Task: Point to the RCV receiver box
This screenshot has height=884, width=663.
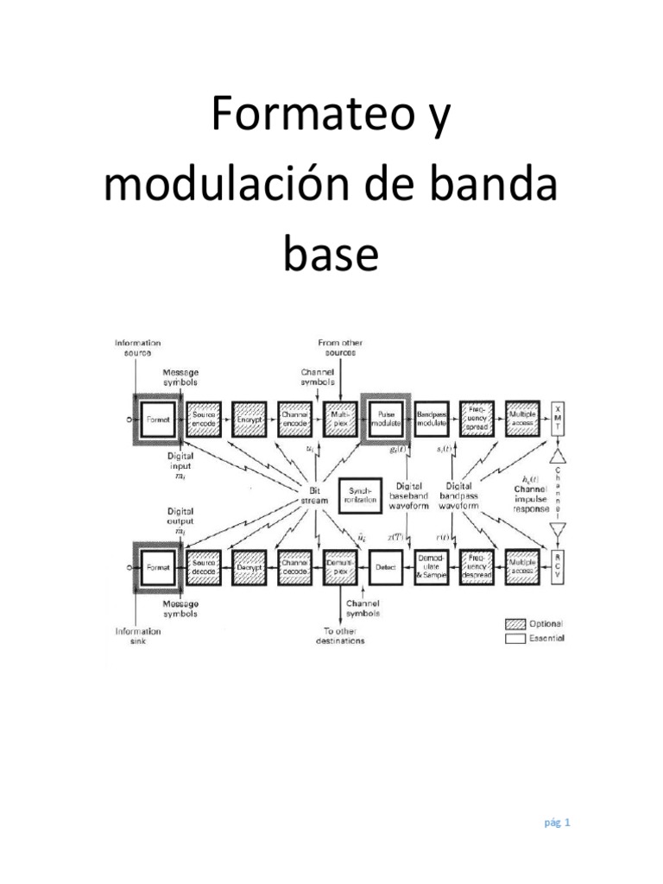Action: point(559,565)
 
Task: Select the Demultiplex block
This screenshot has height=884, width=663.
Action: point(339,566)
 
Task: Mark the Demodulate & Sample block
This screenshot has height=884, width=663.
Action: point(433,566)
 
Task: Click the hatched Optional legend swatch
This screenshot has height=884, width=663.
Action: point(518,623)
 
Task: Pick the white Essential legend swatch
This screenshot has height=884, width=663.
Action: point(518,639)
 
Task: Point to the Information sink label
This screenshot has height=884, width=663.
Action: point(139,636)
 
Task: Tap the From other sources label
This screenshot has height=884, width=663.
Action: point(341,347)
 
